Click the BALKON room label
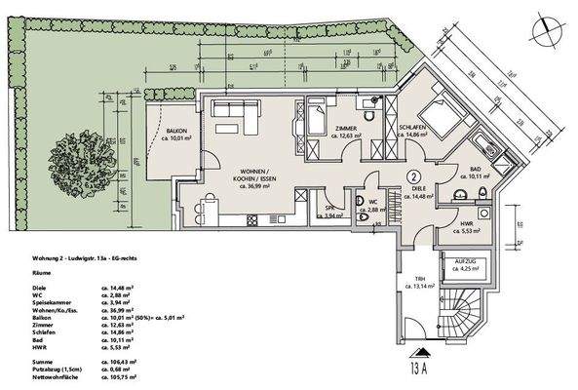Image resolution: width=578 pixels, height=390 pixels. click(x=175, y=130)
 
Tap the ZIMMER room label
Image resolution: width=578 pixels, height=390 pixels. click(x=346, y=129)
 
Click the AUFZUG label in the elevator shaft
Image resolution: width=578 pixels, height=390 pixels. click(x=458, y=263)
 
